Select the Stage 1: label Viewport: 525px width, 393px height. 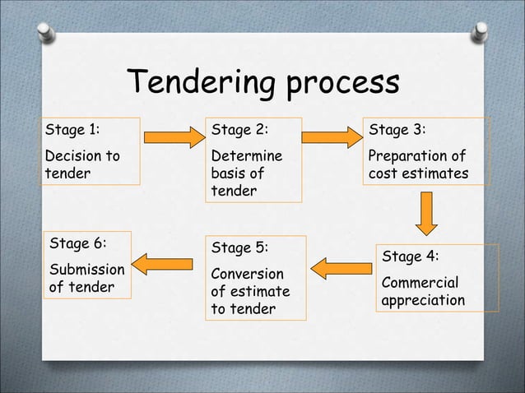72,129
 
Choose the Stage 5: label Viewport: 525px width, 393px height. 240,248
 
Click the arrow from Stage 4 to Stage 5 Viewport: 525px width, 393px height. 341,268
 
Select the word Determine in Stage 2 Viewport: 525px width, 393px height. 247,155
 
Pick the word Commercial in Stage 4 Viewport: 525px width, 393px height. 419,282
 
